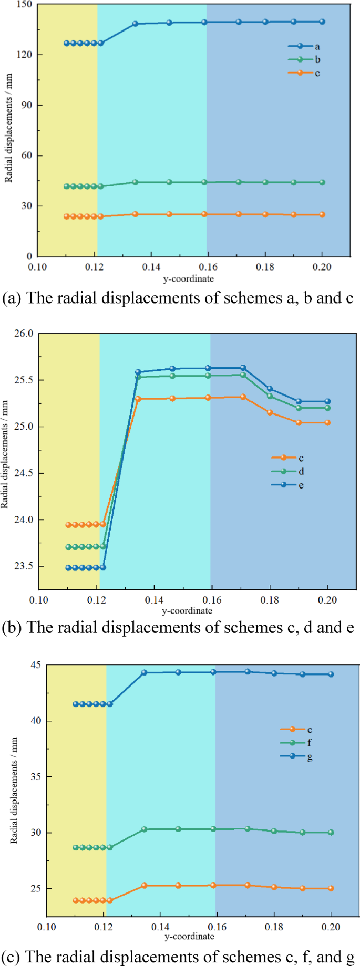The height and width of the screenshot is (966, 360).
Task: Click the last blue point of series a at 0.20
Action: [322, 22]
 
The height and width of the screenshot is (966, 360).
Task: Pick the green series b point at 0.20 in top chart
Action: [322, 182]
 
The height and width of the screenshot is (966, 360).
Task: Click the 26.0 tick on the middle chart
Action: [24, 334]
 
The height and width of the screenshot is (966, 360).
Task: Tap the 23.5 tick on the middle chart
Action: [24, 566]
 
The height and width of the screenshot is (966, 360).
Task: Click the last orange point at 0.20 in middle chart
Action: [327, 422]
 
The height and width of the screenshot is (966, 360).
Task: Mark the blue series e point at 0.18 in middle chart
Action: [270, 389]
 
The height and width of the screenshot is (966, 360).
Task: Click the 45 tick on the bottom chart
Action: [36, 665]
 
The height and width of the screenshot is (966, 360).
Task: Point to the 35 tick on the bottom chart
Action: [36, 776]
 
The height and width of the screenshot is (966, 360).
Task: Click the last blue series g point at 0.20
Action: [331, 674]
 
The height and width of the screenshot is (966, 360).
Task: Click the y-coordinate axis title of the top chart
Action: [188, 279]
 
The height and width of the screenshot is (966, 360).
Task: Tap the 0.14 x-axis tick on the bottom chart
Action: [160, 927]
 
